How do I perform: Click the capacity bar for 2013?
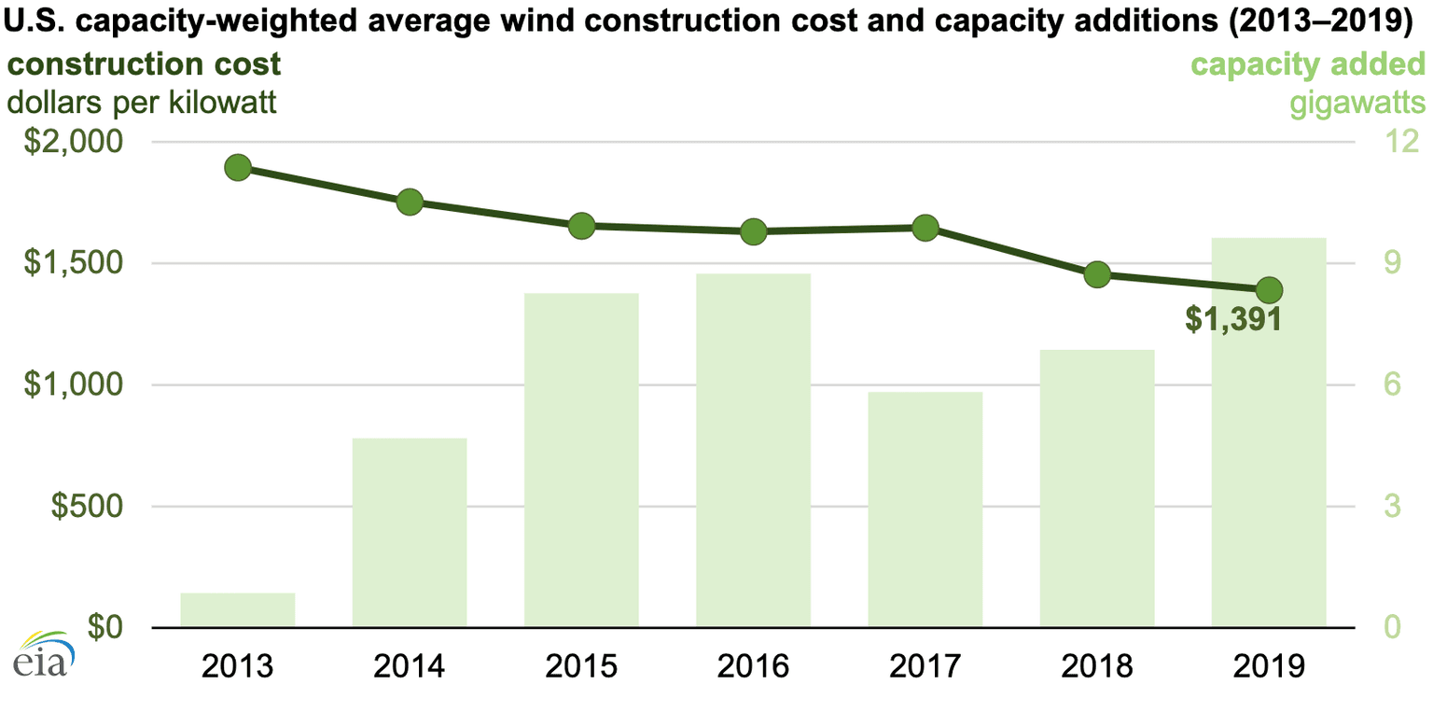238,610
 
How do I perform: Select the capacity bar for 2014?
410,533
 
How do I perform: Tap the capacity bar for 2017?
925,510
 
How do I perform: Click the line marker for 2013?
238,168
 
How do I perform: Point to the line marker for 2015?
581,226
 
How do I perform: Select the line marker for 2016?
753,231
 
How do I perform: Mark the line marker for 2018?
1097,274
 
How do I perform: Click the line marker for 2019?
1269,289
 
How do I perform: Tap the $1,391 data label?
1231,320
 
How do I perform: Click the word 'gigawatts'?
1357,102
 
